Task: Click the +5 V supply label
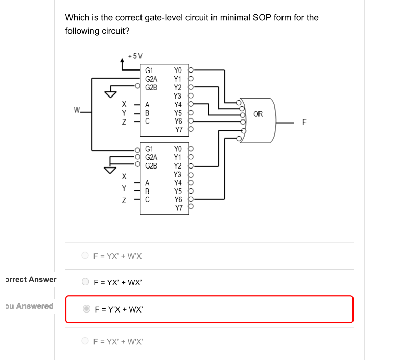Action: coord(135,56)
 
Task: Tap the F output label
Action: coord(305,123)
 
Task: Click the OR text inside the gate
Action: coord(258,114)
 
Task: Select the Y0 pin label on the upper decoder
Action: coord(178,70)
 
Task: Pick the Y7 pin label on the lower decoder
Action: coord(178,208)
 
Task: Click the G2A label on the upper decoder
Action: coord(151,79)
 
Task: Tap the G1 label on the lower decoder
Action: coord(149,149)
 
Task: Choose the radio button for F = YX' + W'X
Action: coord(85,256)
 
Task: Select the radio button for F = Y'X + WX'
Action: coord(87,309)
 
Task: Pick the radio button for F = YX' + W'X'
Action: coord(85,341)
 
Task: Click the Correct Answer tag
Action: coord(30,279)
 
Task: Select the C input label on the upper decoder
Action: coord(148,121)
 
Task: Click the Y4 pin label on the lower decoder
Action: coord(178,182)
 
